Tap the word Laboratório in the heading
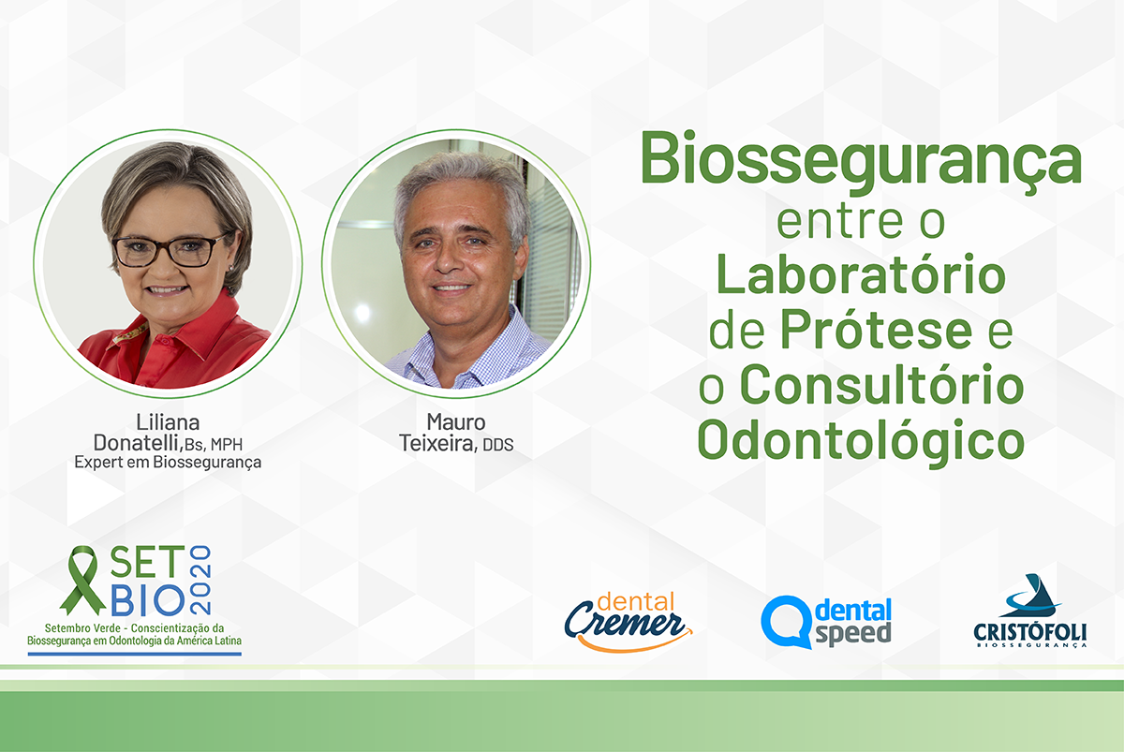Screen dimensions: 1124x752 click(861, 273)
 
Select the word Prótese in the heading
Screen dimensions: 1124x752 click(876, 329)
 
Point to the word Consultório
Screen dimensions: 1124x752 click(881, 384)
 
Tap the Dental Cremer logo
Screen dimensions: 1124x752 click(628, 622)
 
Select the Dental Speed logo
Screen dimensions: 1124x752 click(826, 622)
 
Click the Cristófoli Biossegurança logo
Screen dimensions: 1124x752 click(1029, 611)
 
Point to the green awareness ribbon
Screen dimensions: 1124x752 click(82, 580)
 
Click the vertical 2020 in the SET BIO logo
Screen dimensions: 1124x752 click(200, 580)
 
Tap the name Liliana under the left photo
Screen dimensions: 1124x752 click(168, 422)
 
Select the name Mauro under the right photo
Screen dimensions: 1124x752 click(455, 422)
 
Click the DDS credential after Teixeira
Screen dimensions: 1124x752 click(497, 445)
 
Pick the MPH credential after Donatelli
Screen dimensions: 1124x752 click(227, 445)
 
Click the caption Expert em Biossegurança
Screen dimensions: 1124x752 click(168, 462)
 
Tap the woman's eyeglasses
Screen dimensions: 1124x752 click(170, 249)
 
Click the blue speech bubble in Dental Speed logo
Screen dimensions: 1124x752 click(786, 622)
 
